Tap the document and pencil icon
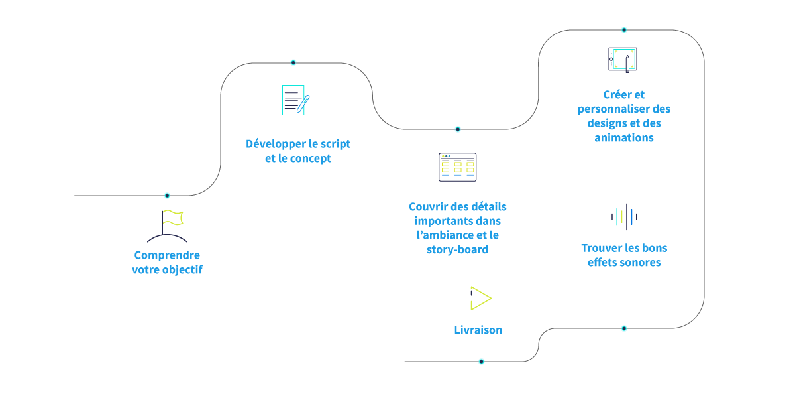[295, 100]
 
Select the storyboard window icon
[457, 167]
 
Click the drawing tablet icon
[622, 59]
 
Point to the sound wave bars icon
[624, 216]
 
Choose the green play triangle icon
[480, 298]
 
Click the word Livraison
[478, 330]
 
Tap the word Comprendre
[167, 255]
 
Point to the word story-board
[457, 250]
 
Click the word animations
[624, 138]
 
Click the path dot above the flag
[167, 196]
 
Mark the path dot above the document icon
[293, 63]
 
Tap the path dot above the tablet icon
[624, 30]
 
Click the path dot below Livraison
[482, 362]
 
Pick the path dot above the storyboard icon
[458, 129]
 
